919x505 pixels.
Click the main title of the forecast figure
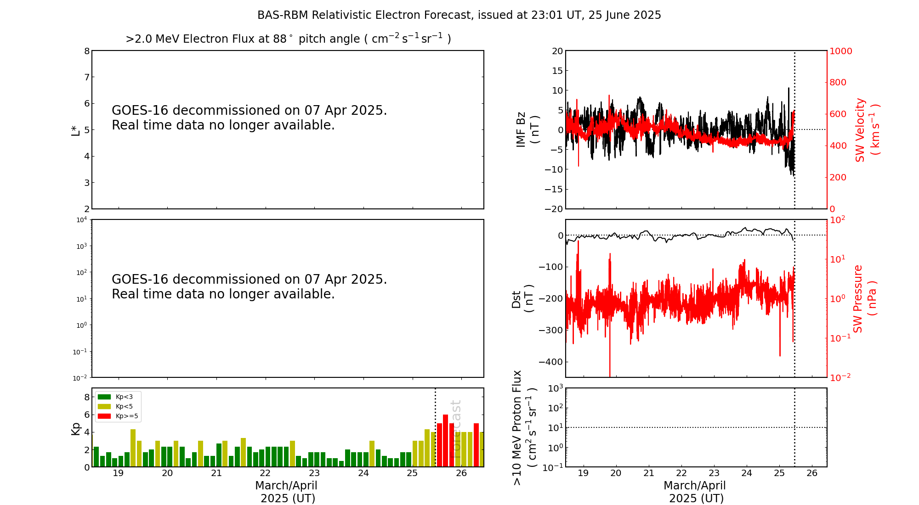point(459,15)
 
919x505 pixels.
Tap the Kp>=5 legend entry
point(117,416)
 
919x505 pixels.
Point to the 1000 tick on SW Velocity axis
point(840,51)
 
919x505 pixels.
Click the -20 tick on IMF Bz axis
point(554,209)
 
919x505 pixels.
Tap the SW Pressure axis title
point(864,298)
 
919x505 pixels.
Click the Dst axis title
point(522,298)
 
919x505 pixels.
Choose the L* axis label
point(75,130)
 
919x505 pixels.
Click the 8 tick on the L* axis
point(86,51)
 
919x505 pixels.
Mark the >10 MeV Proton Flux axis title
point(524,427)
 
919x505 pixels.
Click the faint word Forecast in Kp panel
point(456,429)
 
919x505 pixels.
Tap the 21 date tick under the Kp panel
point(216,473)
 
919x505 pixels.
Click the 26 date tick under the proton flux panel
point(812,473)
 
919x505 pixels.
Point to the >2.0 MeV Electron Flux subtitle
point(288,39)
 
